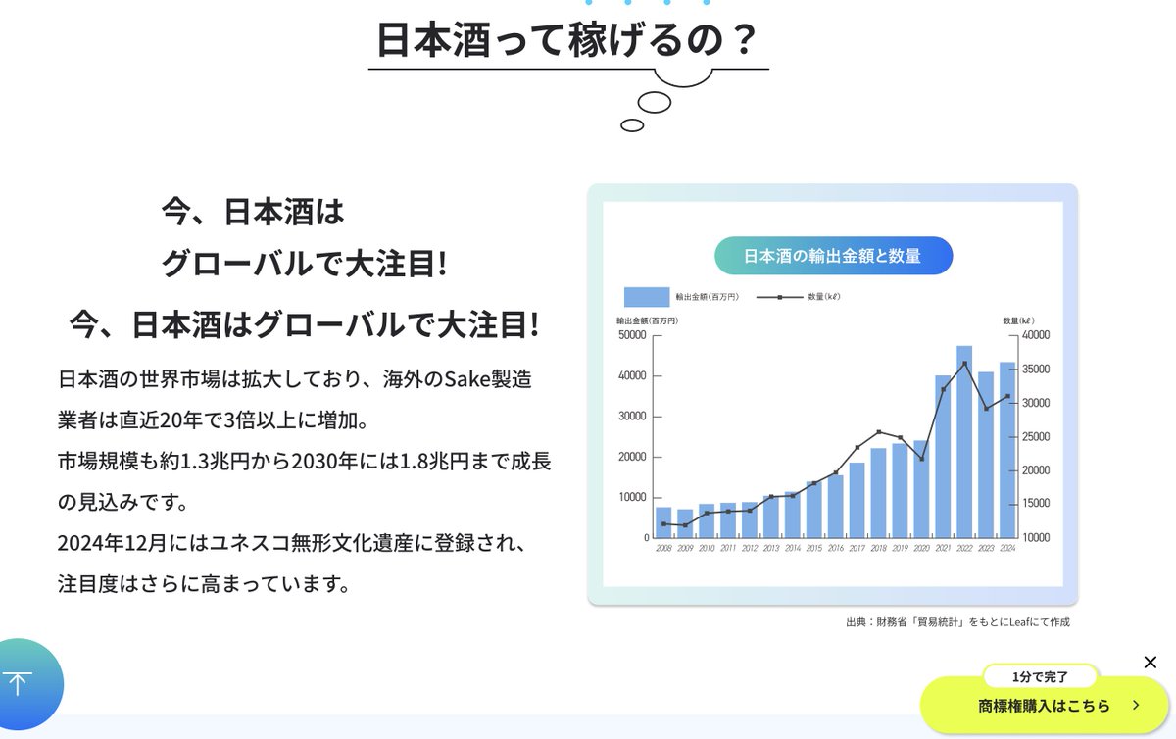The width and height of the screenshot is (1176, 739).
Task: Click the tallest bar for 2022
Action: pos(964,441)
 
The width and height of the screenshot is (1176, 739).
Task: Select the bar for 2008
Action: pos(663,522)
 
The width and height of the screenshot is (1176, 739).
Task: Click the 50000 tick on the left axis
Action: pos(632,335)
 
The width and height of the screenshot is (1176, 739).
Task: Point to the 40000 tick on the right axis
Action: pos(1036,335)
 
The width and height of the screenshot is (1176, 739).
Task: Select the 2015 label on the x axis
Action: pos(814,549)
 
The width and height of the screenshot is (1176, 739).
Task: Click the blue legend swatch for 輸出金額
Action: pos(646,296)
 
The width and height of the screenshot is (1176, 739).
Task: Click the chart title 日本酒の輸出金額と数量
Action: pos(832,256)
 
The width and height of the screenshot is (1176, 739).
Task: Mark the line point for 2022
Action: pos(964,364)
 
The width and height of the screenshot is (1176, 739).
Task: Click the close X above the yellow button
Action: pos(1151,663)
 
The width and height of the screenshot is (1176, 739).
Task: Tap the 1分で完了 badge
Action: pos(1040,676)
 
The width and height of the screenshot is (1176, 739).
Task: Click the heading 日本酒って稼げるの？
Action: pos(567,40)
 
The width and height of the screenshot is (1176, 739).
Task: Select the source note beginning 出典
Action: pos(957,622)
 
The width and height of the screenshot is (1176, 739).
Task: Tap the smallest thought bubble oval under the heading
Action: pos(632,125)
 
